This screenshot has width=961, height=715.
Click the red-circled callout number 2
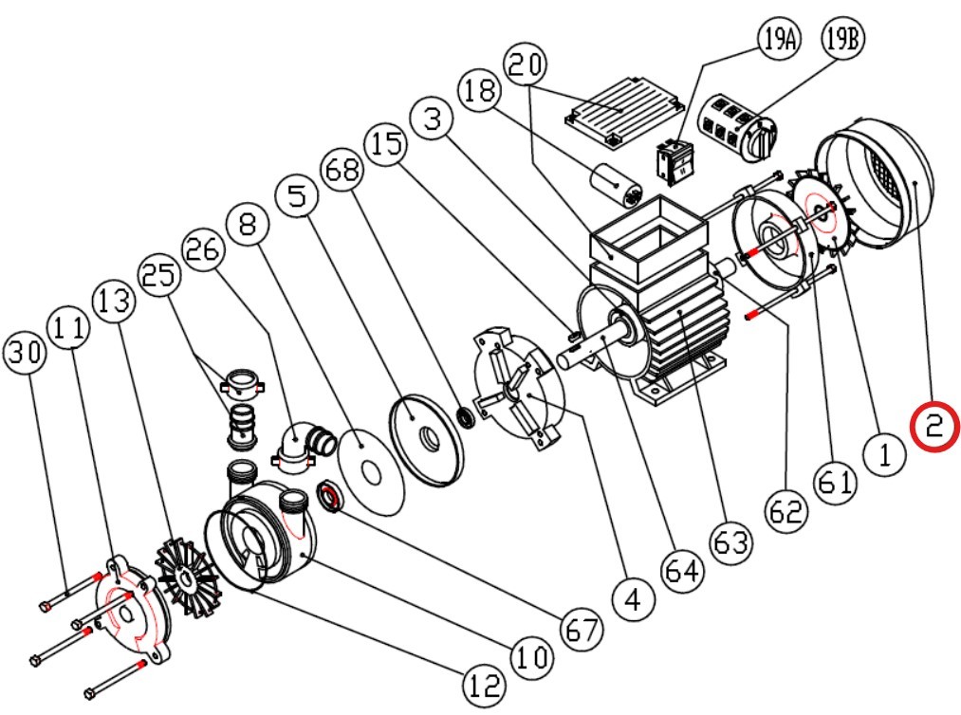pyautogui.click(x=935, y=427)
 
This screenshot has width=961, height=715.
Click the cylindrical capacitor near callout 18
pyautogui.click(x=614, y=184)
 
